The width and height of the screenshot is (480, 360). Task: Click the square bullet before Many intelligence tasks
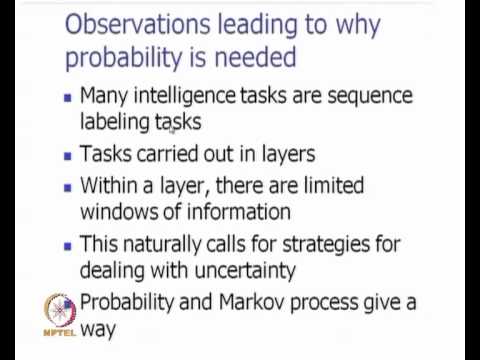[66, 98]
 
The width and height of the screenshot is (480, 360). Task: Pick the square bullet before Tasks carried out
[66, 155]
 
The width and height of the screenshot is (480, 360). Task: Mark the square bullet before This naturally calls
[66, 244]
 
